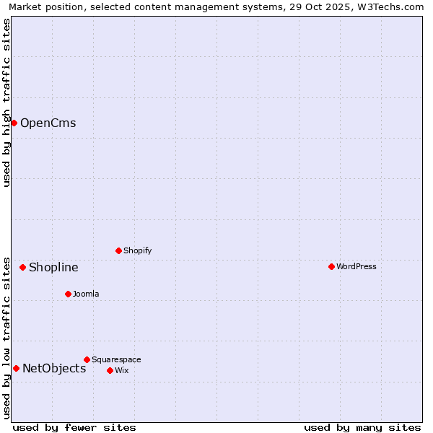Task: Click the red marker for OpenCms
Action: pyautogui.click(x=14, y=123)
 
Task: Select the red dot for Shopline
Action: pyautogui.click(x=22, y=267)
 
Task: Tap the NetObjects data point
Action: pyautogui.click(x=16, y=368)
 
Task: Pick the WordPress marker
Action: pyautogui.click(x=331, y=266)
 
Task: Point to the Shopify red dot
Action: pyautogui.click(x=118, y=250)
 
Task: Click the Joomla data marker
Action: pyautogui.click(x=68, y=294)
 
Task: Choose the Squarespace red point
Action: pyautogui.click(x=87, y=359)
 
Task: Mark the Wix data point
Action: pyautogui.click(x=110, y=370)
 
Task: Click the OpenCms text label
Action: pyautogui.click(x=48, y=123)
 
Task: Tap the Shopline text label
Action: pyautogui.click(x=53, y=268)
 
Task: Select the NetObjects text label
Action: pyautogui.click(x=54, y=369)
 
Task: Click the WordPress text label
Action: pyautogui.click(x=357, y=266)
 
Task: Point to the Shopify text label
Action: pyautogui.click(x=137, y=250)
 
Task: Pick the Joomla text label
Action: pyautogui.click(x=86, y=294)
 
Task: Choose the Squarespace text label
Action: pyautogui.click(x=116, y=359)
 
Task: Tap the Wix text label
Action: pyautogui.click(x=121, y=370)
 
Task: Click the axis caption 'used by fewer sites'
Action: pyautogui.click(x=74, y=427)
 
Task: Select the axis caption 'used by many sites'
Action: pyautogui.click(x=362, y=427)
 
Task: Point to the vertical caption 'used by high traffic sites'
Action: pyautogui.click(x=7, y=102)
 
